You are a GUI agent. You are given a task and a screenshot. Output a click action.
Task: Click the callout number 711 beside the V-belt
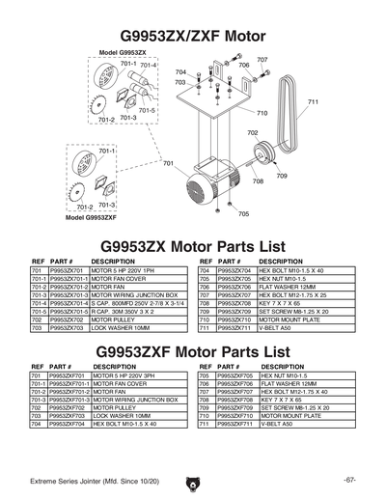[x=312, y=101]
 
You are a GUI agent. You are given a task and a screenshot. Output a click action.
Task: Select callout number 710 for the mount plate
[x=262, y=113]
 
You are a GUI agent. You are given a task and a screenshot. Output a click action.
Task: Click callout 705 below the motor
[x=243, y=213]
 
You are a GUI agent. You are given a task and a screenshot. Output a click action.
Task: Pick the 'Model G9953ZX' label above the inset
[x=123, y=50]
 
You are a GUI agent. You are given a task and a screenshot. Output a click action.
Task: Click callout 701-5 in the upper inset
[x=146, y=111]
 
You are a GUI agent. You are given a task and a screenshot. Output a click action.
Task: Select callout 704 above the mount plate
[x=180, y=72]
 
